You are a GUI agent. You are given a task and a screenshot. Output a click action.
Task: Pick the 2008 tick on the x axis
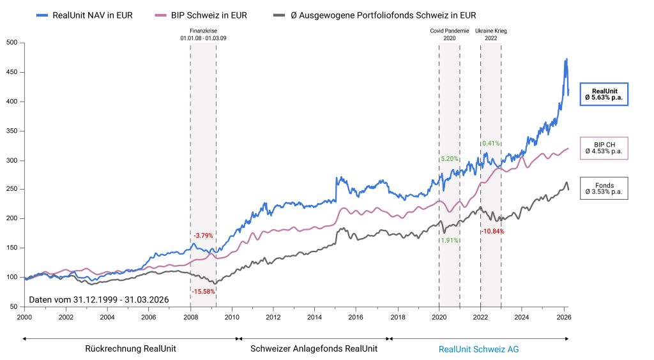[x=190, y=317]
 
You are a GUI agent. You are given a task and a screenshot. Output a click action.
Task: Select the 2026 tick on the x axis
[x=563, y=317]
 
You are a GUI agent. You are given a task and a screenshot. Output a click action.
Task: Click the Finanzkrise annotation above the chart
[x=203, y=34]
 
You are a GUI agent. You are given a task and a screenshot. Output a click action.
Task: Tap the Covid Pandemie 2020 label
[x=449, y=34]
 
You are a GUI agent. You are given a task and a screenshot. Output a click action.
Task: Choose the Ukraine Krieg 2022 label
[x=490, y=34]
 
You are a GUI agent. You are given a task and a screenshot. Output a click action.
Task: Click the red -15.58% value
[x=203, y=292]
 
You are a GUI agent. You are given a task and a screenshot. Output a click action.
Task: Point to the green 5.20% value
[x=449, y=158]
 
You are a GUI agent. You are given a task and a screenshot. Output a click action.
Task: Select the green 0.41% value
[x=490, y=143]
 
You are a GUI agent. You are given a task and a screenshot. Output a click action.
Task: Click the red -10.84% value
[x=492, y=231]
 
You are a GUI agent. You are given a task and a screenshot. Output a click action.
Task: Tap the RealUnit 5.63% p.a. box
[x=604, y=94]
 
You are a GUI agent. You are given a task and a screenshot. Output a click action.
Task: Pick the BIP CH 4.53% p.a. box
[x=604, y=147]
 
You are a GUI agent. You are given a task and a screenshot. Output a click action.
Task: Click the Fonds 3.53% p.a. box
[x=604, y=188]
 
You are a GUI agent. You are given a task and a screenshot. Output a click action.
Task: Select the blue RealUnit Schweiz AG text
[x=478, y=349]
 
